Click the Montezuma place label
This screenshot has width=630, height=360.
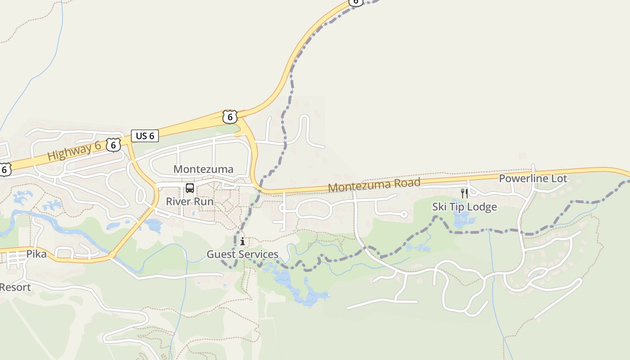click(203, 169)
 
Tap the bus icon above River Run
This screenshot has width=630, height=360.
click(190, 188)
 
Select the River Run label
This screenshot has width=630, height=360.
click(189, 201)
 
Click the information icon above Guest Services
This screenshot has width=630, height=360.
click(243, 242)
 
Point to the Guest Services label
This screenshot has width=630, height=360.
click(243, 254)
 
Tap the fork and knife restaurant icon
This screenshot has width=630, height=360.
click(464, 193)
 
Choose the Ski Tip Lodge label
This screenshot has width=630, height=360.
click(464, 207)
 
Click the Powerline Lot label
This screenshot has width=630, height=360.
click(533, 179)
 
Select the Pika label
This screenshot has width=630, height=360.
click(36, 254)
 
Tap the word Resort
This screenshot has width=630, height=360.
click(16, 287)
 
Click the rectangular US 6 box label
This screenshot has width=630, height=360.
click(145, 135)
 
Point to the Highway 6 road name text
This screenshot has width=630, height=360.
click(74, 150)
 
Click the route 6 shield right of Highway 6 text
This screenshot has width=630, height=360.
click(113, 144)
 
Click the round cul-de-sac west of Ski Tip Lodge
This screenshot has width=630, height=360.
click(404, 214)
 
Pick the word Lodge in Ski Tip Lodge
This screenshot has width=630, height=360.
click(481, 207)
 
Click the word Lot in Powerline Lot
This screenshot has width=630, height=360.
click(559, 179)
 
